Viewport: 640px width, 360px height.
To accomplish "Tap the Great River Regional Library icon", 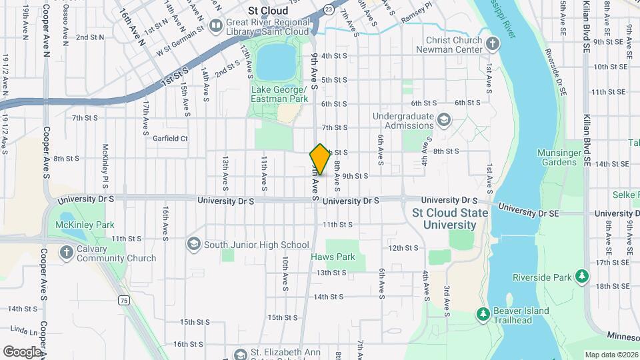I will coord(215,26).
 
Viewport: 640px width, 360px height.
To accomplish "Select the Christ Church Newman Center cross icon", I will coord(492,45).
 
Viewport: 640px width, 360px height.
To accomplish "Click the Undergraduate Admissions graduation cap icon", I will coord(443,121).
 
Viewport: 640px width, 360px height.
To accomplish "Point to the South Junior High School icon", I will coord(193,245).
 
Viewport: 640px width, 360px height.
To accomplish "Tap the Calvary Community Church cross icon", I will coord(66,253).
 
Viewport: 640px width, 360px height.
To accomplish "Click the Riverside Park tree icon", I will coord(582,277).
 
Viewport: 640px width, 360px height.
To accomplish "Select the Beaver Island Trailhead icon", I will coord(483,313).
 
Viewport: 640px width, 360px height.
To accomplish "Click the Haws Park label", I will coord(333,257).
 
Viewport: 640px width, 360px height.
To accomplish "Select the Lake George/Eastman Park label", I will coord(279,94).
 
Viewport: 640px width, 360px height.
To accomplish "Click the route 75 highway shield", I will coord(124,301).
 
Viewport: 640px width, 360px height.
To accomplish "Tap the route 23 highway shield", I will coord(329,9).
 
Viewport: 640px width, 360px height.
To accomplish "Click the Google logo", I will coord(22,351).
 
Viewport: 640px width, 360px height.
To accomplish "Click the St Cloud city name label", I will coord(268,11).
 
